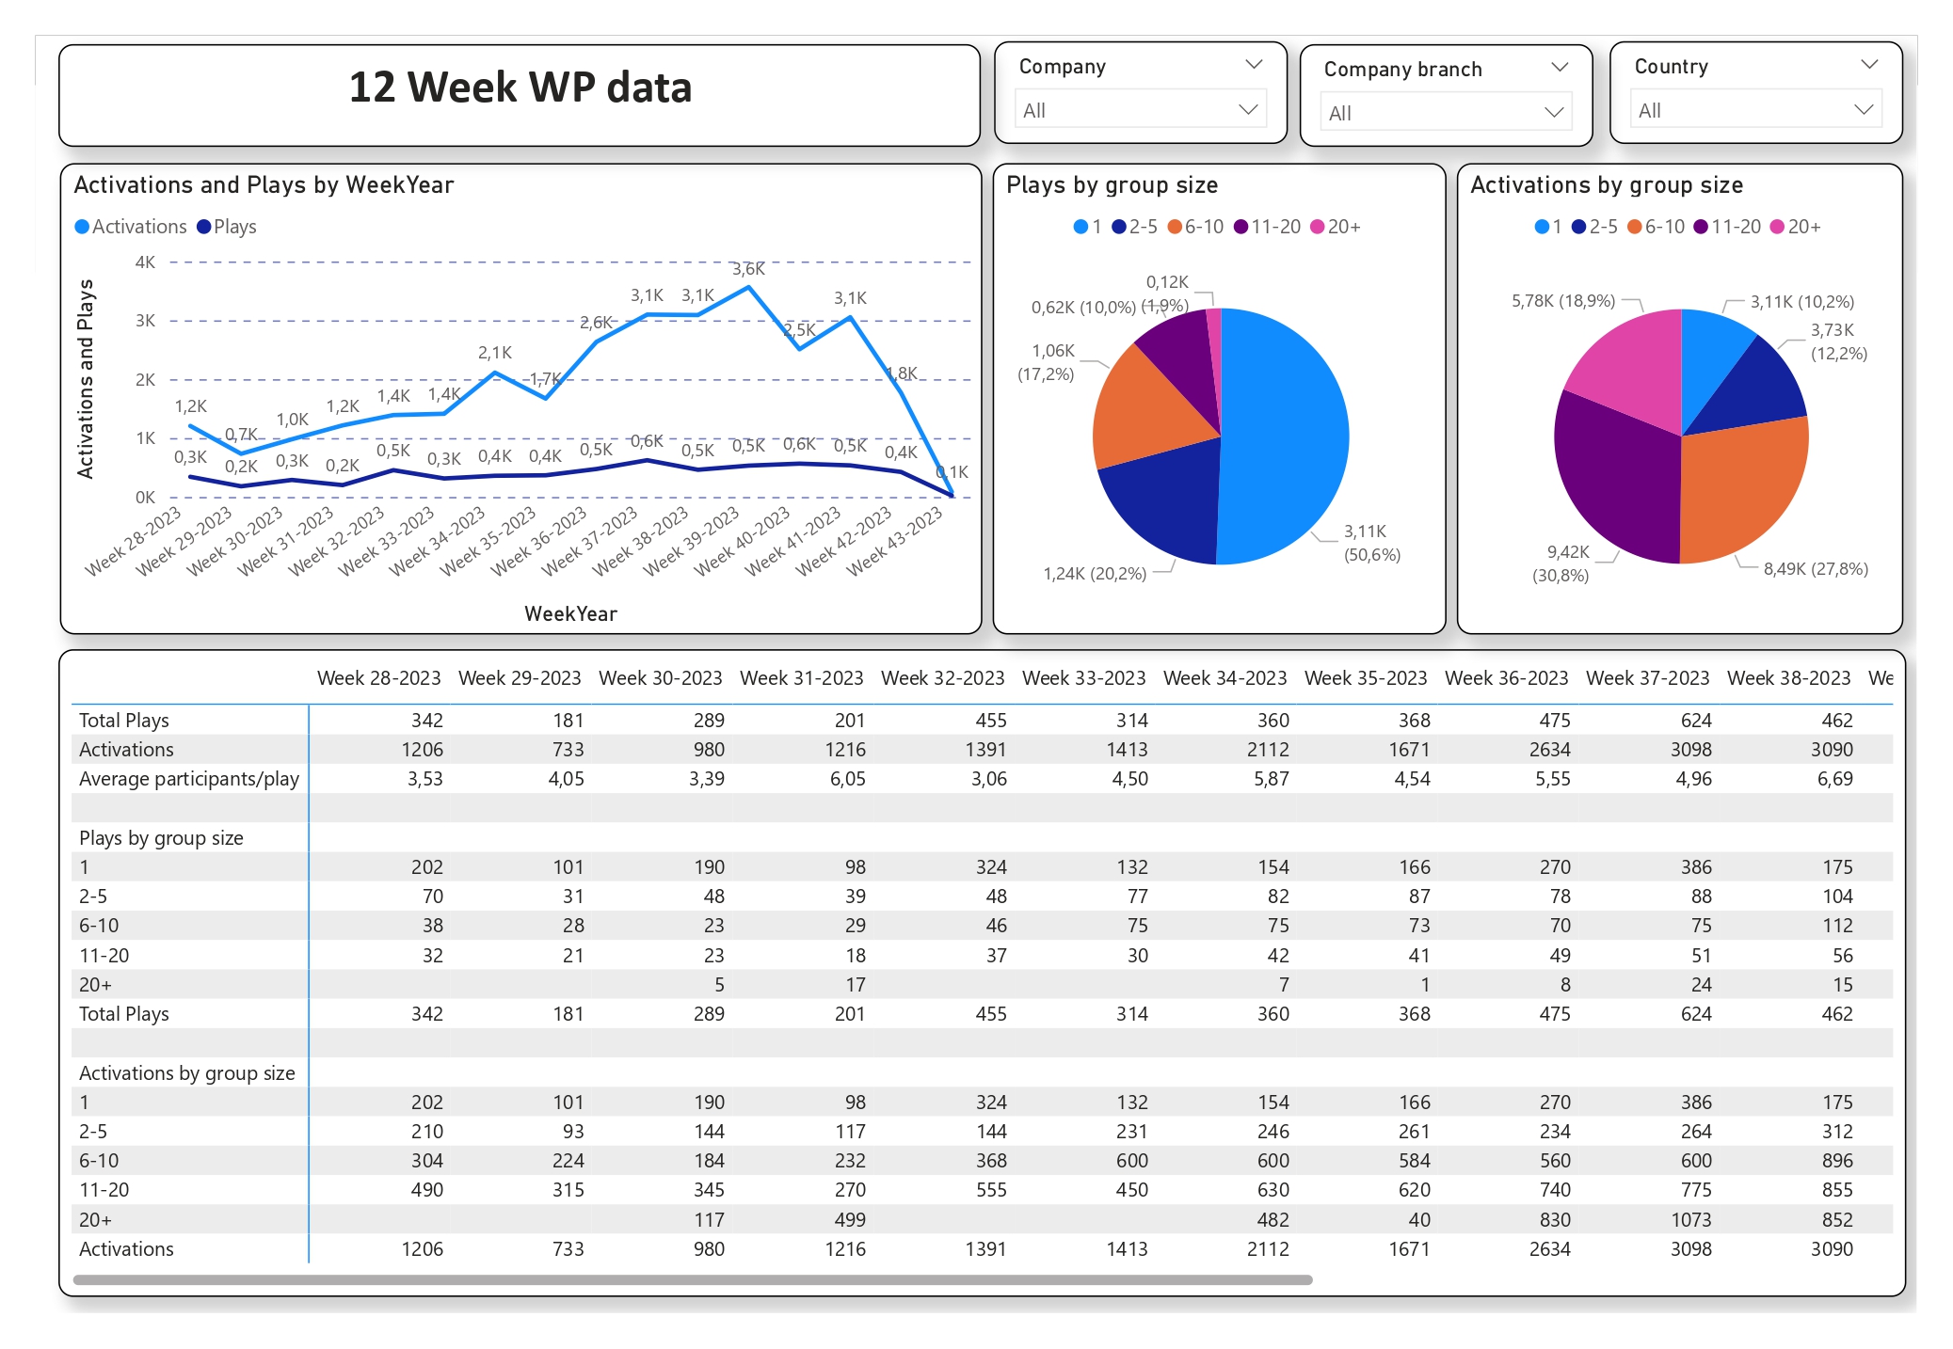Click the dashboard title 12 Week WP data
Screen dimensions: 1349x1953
tap(520, 87)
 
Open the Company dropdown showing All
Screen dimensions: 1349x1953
tap(1140, 110)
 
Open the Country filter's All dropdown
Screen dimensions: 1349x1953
tap(1755, 110)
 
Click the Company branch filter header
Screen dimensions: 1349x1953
tap(1402, 70)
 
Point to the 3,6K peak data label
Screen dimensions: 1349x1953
tap(748, 269)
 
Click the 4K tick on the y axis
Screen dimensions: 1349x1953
tap(145, 262)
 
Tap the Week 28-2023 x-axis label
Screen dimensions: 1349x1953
tap(134, 542)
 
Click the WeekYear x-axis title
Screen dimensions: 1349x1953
tap(570, 613)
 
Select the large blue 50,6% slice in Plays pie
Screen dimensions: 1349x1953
tap(1289, 433)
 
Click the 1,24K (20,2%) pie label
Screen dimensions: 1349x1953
tap(1095, 574)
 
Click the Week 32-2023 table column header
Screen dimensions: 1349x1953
tap(942, 678)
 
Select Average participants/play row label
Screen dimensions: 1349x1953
tap(188, 779)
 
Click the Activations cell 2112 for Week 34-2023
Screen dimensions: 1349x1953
tap(1267, 750)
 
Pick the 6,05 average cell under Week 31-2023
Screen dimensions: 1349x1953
tap(847, 779)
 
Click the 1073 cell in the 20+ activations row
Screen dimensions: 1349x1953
tap(1690, 1220)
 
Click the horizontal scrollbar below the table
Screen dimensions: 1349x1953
tap(692, 1279)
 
